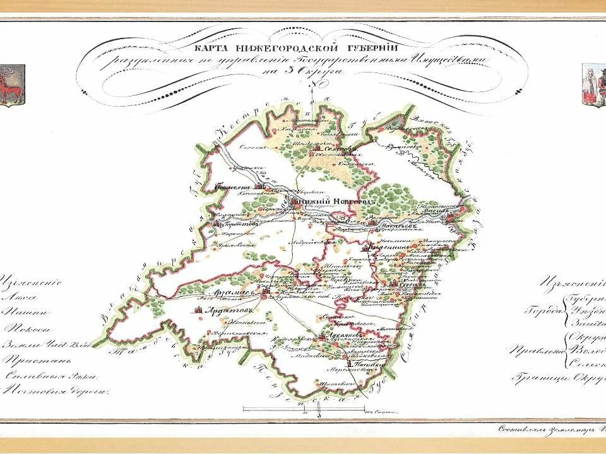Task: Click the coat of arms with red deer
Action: point(11,85)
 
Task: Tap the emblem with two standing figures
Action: point(594,85)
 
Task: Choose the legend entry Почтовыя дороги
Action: point(53,391)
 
